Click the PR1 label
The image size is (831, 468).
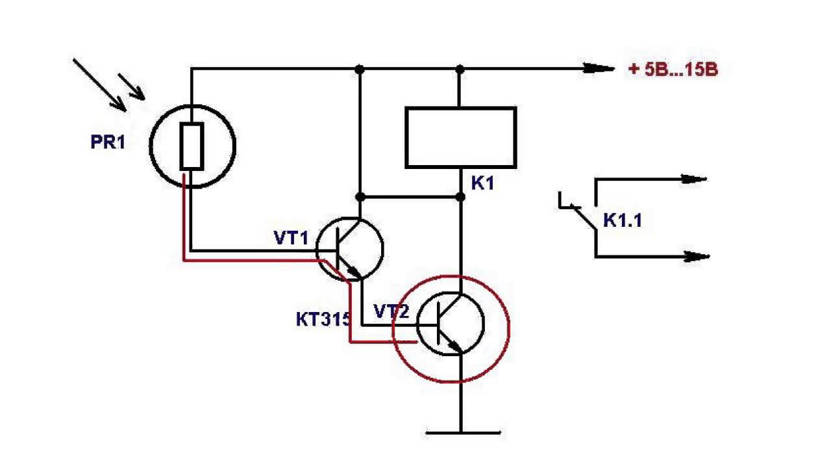107,142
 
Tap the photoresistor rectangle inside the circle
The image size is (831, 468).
192,146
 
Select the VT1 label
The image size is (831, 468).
291,239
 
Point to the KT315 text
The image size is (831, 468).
323,319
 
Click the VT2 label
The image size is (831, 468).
391,313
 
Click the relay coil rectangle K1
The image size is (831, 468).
460,138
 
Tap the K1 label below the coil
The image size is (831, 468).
482,183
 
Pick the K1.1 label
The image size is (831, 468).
623,220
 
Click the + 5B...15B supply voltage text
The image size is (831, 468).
673,70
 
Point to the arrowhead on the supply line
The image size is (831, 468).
599,68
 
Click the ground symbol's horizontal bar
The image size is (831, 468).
463,432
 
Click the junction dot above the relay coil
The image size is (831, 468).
460,69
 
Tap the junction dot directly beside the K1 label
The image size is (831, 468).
460,196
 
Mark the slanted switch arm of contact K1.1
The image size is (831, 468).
583,217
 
